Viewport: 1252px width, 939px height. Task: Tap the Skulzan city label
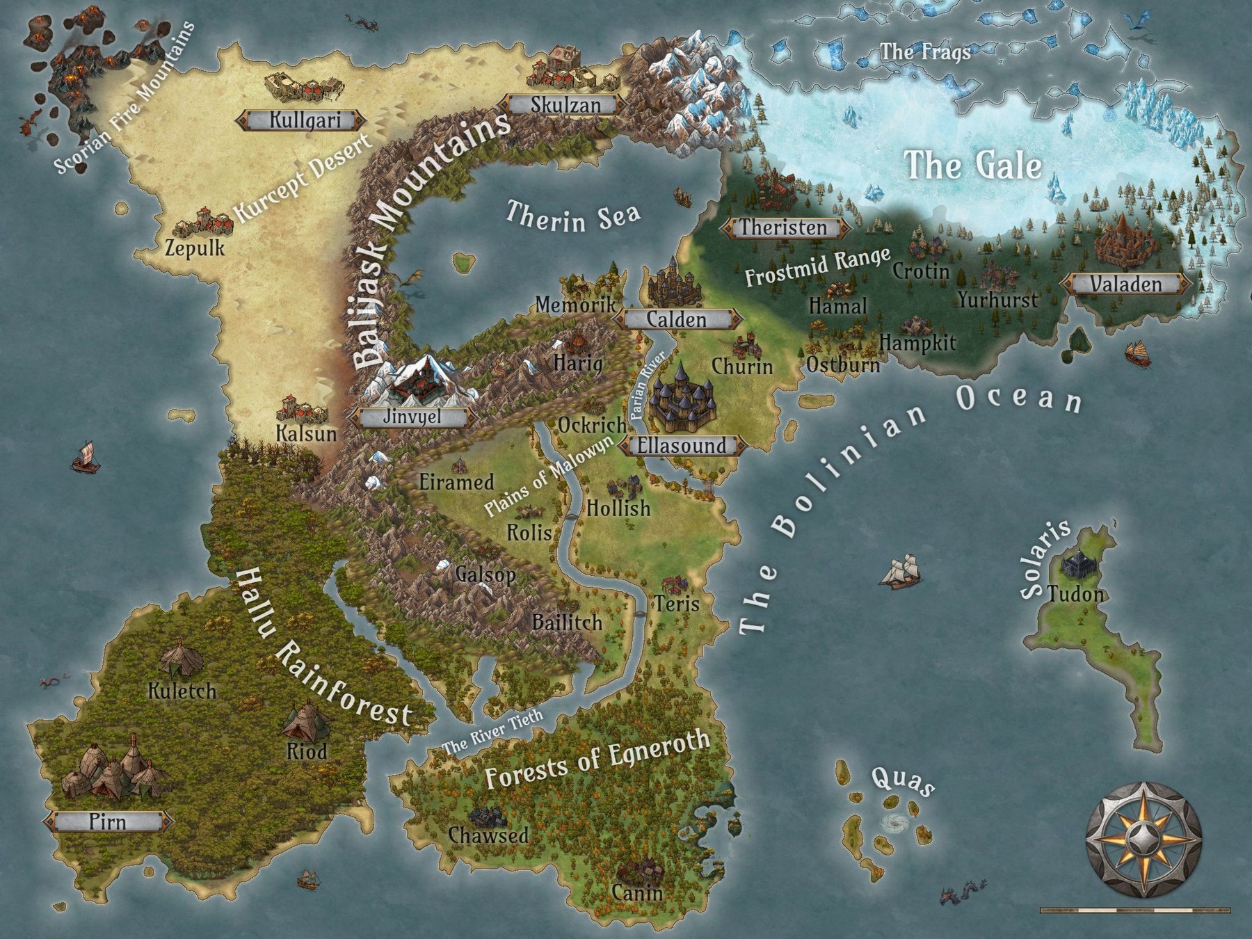565,105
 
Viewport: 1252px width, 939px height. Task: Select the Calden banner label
677,319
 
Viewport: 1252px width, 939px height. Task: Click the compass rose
1143,840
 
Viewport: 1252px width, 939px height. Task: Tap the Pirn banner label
108,821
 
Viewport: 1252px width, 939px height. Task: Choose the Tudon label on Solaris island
1075,593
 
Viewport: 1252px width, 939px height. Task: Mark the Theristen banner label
784,227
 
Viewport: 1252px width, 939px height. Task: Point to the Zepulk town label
195,248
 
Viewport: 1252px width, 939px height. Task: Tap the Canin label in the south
637,892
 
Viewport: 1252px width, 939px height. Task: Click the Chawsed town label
488,835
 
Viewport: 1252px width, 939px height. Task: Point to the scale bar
1134,910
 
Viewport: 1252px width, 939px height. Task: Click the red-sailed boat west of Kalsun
84,456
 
